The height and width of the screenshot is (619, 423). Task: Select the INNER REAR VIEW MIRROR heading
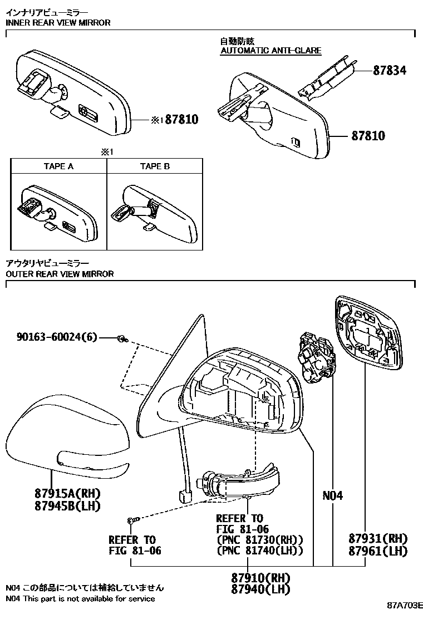(x=58, y=23)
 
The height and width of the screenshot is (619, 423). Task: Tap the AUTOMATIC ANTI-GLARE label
(x=270, y=51)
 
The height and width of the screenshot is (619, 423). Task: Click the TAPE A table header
(x=58, y=166)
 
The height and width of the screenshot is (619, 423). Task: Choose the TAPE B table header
(x=155, y=166)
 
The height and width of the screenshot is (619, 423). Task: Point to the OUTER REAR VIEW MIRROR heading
(x=60, y=274)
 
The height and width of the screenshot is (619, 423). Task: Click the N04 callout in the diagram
(x=332, y=495)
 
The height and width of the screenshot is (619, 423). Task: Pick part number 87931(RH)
(x=378, y=539)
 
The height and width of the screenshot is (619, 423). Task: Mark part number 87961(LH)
(x=378, y=551)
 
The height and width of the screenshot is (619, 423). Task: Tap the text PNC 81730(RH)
(x=259, y=539)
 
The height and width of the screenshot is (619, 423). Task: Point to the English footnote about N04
(x=80, y=598)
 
